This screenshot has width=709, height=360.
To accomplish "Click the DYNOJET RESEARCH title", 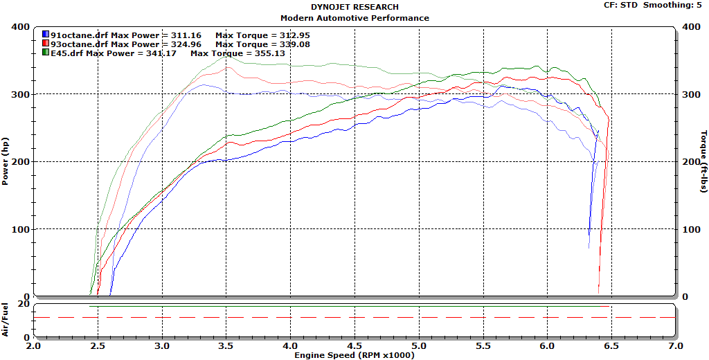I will pyautogui.click(x=354, y=7).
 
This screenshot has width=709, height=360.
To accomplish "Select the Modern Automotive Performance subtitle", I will pyautogui.click(x=354, y=18).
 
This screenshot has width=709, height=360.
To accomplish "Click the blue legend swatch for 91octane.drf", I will pyautogui.click(x=46, y=34).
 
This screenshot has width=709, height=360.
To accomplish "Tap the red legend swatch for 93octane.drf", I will pyautogui.click(x=46, y=44).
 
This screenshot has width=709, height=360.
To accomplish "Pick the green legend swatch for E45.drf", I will pyautogui.click(x=46, y=53).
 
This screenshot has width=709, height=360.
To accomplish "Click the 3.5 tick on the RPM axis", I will pyautogui.click(x=226, y=345).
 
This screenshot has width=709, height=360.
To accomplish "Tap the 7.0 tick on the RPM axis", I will pyautogui.click(x=676, y=345).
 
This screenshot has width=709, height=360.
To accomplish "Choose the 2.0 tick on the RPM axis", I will pyautogui.click(x=33, y=345).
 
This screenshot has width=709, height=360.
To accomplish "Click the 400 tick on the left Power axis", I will pyautogui.click(x=20, y=27).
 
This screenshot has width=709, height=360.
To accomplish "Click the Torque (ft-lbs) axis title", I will pyautogui.click(x=703, y=161).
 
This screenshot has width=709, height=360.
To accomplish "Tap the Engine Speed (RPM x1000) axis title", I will pyautogui.click(x=354, y=354).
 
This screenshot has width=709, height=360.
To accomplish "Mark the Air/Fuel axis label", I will pyautogui.click(x=6, y=320).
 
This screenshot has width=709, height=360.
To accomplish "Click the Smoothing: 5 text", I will pyautogui.click(x=674, y=5).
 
